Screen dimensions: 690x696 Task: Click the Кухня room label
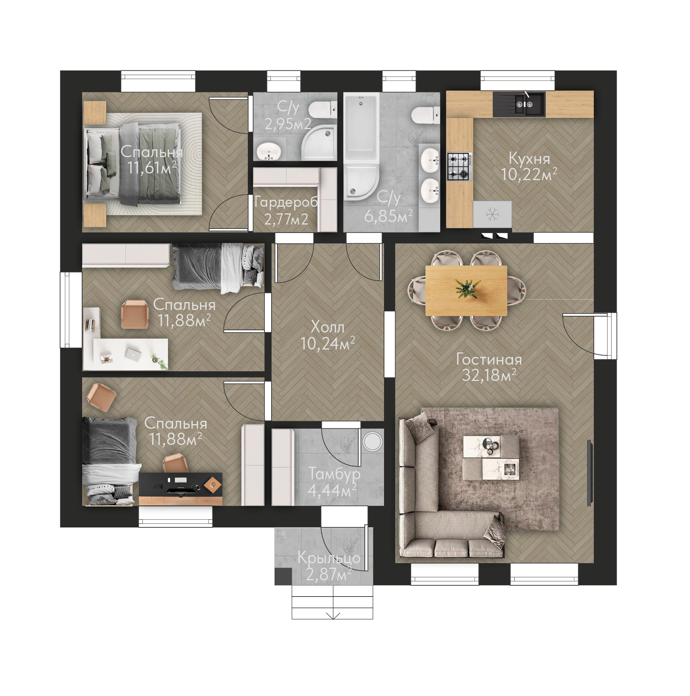pyautogui.click(x=529, y=159)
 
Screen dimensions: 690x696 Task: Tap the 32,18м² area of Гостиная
pyautogui.click(x=489, y=375)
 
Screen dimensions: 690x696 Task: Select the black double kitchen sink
pyautogui.click(x=519, y=104)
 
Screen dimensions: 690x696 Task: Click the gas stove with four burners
pyautogui.click(x=460, y=167)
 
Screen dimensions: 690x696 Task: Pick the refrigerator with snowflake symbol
pyautogui.click(x=492, y=214)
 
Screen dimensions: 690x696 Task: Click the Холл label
pyautogui.click(x=327, y=327)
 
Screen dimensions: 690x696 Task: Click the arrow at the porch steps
pyautogui.click(x=333, y=615)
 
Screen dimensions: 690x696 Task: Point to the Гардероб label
pyautogui.click(x=286, y=202)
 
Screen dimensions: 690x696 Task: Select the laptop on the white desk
pyautogui.click(x=133, y=354)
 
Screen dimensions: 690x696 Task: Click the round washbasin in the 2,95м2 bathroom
pyautogui.click(x=269, y=151)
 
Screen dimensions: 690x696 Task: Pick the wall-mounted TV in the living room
pyautogui.click(x=590, y=473)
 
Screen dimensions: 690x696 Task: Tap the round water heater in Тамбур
pyautogui.click(x=372, y=441)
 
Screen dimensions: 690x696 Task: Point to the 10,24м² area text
pyautogui.click(x=328, y=344)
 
